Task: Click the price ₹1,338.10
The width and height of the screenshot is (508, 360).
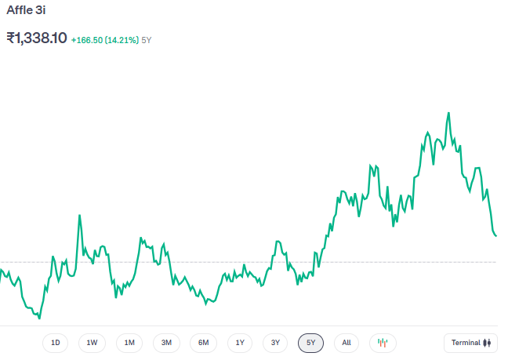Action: click(x=37, y=38)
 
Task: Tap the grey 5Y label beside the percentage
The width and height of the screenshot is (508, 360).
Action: click(x=147, y=39)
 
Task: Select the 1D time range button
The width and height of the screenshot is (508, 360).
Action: click(x=55, y=343)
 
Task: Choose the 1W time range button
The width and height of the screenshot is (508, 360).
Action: click(x=92, y=343)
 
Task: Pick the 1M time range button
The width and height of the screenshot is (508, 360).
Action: click(x=129, y=343)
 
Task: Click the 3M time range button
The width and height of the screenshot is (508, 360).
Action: click(x=166, y=343)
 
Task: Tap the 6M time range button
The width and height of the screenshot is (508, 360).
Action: click(x=203, y=343)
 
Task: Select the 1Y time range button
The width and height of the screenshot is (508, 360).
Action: click(x=240, y=343)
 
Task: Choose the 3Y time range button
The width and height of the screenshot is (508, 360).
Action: click(x=275, y=343)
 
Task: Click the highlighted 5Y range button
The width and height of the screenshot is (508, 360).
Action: click(x=310, y=343)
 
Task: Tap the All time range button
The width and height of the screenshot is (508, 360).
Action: click(x=346, y=343)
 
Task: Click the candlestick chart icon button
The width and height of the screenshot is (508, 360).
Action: click(x=383, y=343)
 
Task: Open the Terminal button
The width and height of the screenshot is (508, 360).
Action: click(x=470, y=343)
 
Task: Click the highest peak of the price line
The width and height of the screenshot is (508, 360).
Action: click(x=448, y=113)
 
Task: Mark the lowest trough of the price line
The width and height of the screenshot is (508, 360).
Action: click(x=39, y=318)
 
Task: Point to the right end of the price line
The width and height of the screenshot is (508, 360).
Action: click(x=495, y=236)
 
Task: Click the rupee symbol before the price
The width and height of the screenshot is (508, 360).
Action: click(x=12, y=38)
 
